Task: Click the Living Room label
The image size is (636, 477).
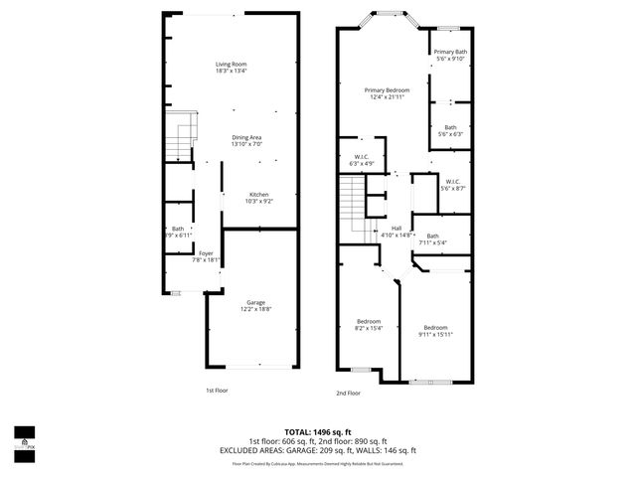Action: (x=233, y=65)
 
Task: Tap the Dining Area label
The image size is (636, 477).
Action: (x=246, y=136)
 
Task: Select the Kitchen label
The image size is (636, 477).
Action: (x=258, y=194)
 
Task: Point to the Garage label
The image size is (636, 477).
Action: (x=255, y=302)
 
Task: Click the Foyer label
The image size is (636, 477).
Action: (x=206, y=252)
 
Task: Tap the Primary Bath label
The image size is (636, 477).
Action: (x=450, y=52)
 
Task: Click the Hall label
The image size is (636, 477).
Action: (x=396, y=228)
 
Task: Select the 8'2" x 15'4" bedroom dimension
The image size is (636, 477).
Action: (x=369, y=328)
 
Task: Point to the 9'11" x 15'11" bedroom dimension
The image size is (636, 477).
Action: (x=435, y=335)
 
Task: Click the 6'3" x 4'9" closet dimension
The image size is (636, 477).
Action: (x=362, y=162)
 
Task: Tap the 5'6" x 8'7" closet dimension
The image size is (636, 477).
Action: (x=452, y=188)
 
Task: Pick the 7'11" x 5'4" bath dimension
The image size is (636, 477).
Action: (x=432, y=241)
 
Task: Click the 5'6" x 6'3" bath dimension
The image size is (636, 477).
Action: (x=450, y=133)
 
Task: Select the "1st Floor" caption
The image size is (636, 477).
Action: (x=217, y=391)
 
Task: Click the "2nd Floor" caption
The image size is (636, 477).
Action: (x=347, y=393)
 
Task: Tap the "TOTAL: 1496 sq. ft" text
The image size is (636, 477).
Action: (x=318, y=431)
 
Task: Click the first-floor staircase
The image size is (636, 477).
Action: (x=176, y=139)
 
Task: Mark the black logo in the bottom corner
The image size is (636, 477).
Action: (x=22, y=438)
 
